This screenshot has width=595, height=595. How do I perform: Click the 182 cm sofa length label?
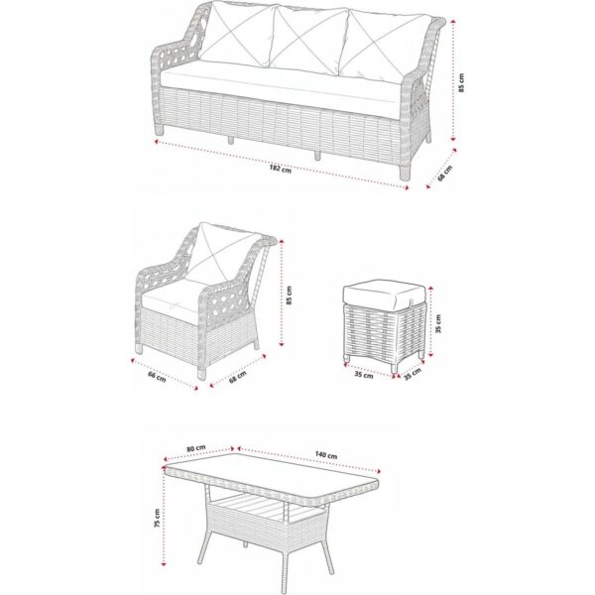[281, 169]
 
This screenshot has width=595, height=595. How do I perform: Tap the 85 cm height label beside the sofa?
[461, 82]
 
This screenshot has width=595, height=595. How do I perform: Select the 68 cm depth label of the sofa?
[444, 173]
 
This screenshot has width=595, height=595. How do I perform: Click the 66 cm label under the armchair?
[157, 377]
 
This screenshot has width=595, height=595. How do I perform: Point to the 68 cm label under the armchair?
[238, 377]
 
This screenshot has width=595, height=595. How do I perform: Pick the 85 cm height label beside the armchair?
[290, 296]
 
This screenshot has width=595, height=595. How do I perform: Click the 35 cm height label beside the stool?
[438, 323]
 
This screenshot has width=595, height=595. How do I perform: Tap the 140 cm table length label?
[326, 454]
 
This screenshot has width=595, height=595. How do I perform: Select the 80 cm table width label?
[196, 448]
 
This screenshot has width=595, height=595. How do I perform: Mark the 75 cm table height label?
[157, 519]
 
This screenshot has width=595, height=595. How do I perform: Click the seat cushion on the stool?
[383, 295]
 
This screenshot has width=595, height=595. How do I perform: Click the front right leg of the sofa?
[405, 173]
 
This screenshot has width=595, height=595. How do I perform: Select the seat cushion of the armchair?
[173, 299]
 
